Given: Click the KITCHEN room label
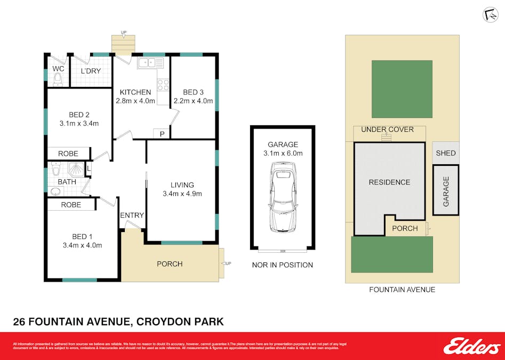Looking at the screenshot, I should point(135,92).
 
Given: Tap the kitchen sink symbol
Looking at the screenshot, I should point(151,63).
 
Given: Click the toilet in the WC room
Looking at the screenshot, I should point(58,80).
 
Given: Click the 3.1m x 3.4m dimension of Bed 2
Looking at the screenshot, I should point(79,123).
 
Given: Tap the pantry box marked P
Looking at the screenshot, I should point(162,133).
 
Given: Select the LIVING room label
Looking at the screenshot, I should point(182,185).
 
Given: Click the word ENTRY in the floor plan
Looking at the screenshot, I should point(132,215).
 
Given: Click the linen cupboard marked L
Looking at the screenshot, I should point(89,169).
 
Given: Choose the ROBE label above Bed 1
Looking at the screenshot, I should point(70,205).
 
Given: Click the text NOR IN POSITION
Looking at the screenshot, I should point(282,265).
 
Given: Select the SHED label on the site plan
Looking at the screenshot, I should point(446,153).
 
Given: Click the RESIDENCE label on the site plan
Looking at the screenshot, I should point(389,182).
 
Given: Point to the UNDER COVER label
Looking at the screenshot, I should point(387,130).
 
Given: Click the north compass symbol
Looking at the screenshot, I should point(490,15).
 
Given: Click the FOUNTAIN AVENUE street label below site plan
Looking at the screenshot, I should point(402,290).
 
